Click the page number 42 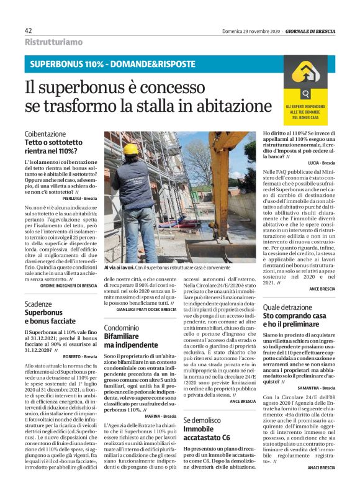click(x=29, y=31)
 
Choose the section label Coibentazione click(x=45, y=134)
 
